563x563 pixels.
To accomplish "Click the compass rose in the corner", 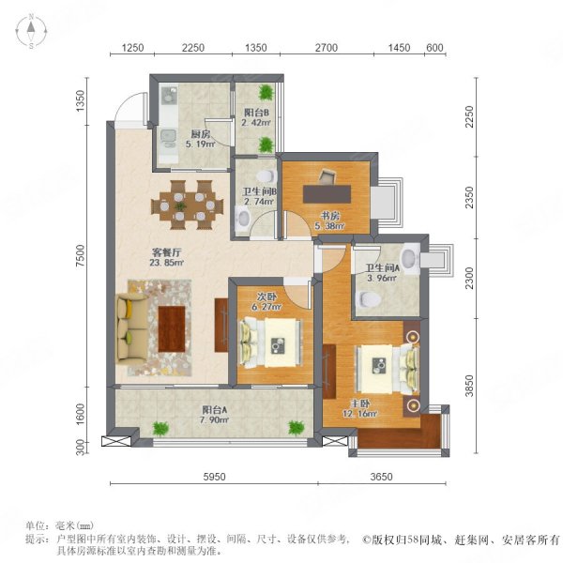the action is (31, 31).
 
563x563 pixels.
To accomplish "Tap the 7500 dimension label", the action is (82, 255).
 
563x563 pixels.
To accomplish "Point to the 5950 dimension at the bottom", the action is (214, 477).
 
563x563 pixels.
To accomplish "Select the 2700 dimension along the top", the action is (327, 48).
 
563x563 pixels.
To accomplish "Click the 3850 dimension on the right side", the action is (469, 386).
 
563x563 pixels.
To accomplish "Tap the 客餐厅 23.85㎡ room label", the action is (167, 257).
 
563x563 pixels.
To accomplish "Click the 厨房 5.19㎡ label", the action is (201, 139).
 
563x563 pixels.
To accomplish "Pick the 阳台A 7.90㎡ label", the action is (214, 415).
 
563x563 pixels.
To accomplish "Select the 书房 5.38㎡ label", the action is (329, 221).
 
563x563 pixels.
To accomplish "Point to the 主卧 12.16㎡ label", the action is (359, 408).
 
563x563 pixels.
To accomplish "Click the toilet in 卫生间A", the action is (370, 299).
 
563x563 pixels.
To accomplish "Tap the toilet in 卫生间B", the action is (267, 176).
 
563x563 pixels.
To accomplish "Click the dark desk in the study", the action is (327, 194).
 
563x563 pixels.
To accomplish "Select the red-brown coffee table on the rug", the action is (172, 329).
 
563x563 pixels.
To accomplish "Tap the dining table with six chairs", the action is (187, 205).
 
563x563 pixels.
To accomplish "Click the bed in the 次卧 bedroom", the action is (271, 342).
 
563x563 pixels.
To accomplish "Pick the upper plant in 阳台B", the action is (266, 92).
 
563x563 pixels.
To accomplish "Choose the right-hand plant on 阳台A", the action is (297, 428).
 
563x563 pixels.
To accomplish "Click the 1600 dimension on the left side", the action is (82, 414).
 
